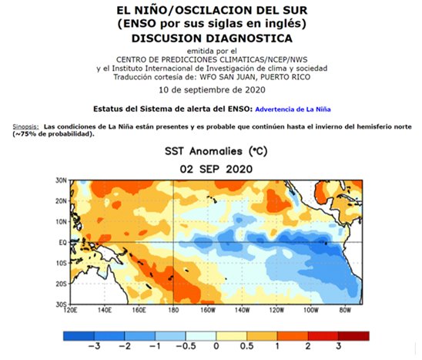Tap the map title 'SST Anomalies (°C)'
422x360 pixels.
[211, 152]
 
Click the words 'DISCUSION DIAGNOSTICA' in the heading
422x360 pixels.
[211, 37]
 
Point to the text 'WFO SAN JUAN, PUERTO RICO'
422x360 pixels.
[257, 77]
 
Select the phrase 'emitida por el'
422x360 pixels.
[211, 51]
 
